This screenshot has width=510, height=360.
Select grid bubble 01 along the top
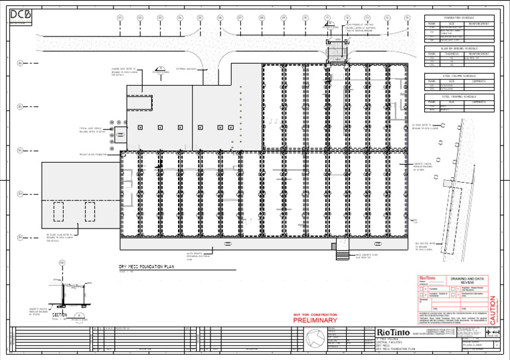120,17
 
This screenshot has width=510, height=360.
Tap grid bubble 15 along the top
407,17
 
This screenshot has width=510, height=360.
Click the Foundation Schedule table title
458,19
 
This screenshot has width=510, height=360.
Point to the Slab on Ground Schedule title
458,48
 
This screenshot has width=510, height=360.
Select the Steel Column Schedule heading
458,76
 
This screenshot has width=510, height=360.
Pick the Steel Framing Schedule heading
458,96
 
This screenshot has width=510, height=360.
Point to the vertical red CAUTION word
493,308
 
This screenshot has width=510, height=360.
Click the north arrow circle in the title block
310,339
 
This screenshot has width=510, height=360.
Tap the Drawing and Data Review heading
468,281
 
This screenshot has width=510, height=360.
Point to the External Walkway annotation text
185,68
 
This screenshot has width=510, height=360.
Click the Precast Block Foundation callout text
93,154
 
